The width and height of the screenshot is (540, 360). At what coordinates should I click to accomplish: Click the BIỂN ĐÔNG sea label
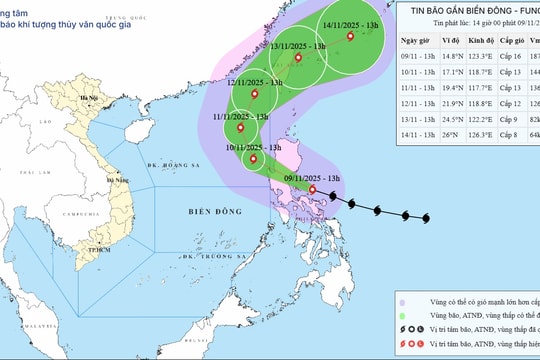click(x=211, y=212)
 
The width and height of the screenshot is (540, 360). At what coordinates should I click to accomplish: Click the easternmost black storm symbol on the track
click(x=427, y=219)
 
